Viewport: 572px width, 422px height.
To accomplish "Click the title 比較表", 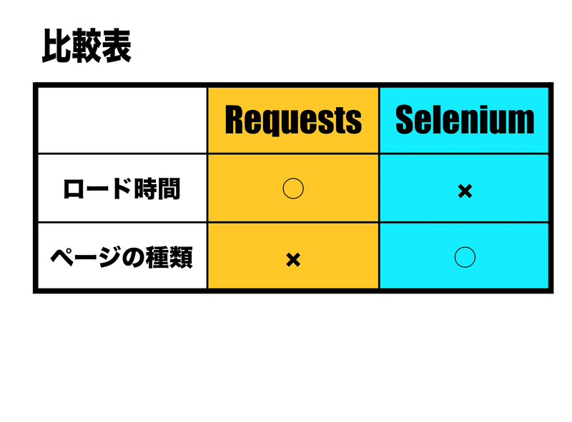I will pyautogui.click(x=87, y=46).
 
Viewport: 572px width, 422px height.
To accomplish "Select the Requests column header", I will pyautogui.click(x=293, y=120).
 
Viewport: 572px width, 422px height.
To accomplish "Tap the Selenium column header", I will pyautogui.click(x=465, y=120).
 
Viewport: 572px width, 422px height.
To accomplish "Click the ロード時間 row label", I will pyautogui.click(x=122, y=189).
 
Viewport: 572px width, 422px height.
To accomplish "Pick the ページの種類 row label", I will pyautogui.click(x=122, y=257).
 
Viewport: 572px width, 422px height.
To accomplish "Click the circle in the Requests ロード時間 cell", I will pyautogui.click(x=293, y=189).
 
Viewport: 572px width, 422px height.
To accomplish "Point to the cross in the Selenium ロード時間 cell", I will pyautogui.click(x=465, y=191).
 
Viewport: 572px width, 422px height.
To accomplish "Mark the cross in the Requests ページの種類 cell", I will pyautogui.click(x=292, y=259).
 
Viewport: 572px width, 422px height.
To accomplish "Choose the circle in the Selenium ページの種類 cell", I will pyautogui.click(x=465, y=256).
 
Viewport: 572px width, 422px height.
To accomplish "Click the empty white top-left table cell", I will pyautogui.click(x=122, y=120).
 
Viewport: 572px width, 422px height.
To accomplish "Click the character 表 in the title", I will pyautogui.click(x=117, y=46).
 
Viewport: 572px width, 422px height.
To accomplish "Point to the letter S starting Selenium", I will pyautogui.click(x=405, y=120).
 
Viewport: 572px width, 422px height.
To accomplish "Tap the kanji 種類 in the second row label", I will pyautogui.click(x=171, y=257).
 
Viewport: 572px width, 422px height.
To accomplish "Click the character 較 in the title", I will pyautogui.click(x=87, y=46).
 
